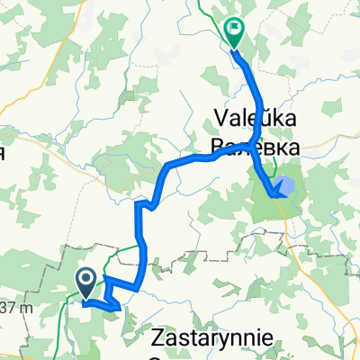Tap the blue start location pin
point(86,283)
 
